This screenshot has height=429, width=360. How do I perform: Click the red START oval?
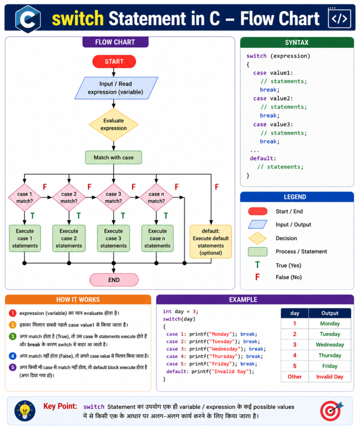point(114,62)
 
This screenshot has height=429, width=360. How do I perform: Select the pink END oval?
point(114,280)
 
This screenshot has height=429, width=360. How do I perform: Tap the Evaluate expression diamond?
point(114,125)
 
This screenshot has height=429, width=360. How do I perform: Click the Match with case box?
point(114,158)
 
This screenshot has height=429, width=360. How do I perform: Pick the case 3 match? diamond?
point(113,197)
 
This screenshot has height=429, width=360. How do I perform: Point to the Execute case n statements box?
point(158,238)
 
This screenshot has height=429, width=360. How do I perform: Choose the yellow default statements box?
point(211,242)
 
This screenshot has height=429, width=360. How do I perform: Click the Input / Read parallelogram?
point(116,88)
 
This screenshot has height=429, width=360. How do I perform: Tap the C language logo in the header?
point(28,19)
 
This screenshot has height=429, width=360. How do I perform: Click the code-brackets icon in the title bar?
point(339,18)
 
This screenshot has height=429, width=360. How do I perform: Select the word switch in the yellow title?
point(78,18)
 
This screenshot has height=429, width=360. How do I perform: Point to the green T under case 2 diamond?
point(78,216)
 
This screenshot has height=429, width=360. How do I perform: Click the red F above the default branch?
point(217,187)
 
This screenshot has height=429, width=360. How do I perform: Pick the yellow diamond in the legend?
point(257,238)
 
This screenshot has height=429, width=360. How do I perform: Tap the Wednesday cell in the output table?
point(329,345)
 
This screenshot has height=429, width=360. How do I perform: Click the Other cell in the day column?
point(295,377)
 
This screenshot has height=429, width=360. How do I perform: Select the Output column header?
point(329,313)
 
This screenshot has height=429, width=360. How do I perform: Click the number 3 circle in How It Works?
point(13,336)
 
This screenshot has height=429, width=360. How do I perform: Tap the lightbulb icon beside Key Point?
point(25,411)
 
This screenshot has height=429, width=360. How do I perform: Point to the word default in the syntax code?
point(262,158)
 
